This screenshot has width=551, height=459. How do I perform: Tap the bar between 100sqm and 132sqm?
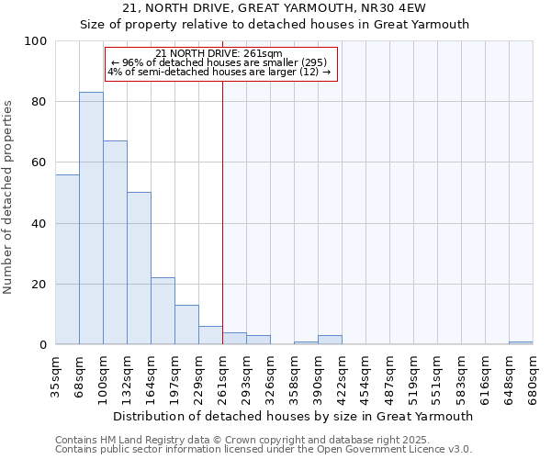(115, 242)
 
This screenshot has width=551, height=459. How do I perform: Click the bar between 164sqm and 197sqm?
(163, 311)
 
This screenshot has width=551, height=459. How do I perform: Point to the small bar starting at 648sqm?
(521, 343)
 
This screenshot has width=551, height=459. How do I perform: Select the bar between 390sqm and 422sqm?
(330, 341)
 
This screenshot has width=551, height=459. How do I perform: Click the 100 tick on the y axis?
(37, 41)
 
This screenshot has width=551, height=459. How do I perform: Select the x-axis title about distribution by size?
(294, 416)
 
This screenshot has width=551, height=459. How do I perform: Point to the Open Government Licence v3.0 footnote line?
(264, 450)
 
